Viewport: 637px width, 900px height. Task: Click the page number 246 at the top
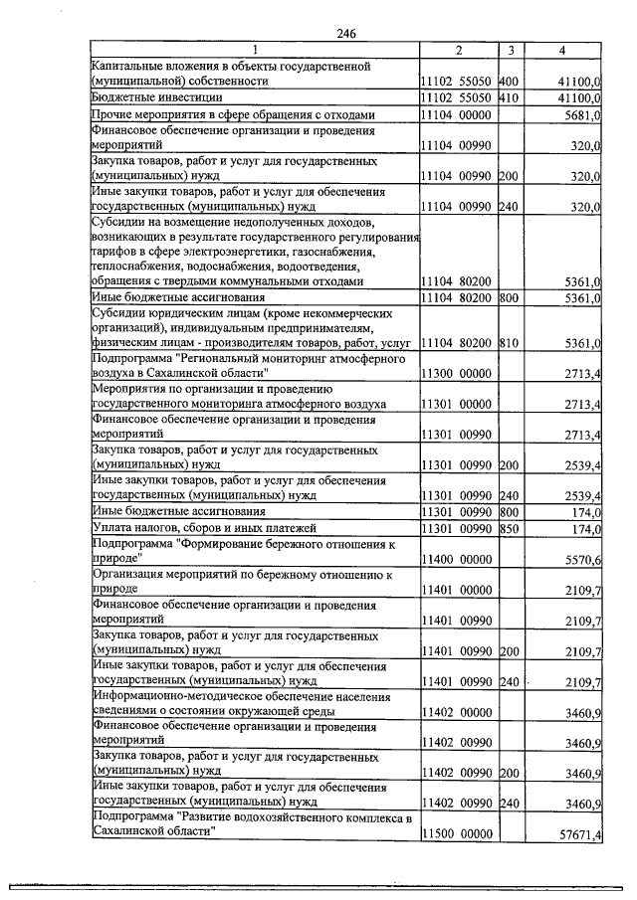(345, 34)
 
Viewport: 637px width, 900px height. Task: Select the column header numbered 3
(510, 50)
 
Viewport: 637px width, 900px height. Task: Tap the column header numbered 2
(458, 50)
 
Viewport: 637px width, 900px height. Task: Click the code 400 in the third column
(510, 80)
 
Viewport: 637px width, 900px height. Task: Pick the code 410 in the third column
(510, 98)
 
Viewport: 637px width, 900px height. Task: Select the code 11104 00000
(457, 115)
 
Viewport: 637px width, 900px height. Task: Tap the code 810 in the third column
(510, 343)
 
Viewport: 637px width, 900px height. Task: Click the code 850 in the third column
(510, 527)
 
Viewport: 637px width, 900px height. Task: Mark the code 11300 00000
(457, 373)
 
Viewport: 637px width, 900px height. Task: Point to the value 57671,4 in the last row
(578, 833)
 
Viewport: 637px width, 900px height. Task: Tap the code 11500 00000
(457, 833)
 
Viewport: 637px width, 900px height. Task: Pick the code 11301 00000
(457, 404)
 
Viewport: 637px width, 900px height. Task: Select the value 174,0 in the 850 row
(582, 527)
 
